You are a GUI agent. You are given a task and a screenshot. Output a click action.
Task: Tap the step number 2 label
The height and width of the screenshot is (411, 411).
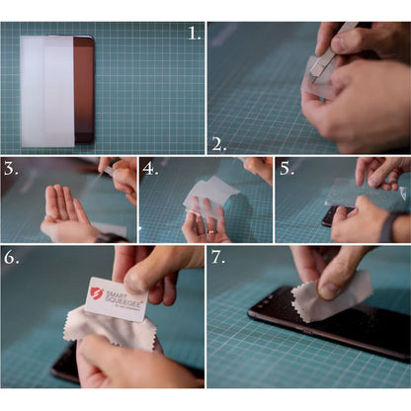(x=218, y=143)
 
